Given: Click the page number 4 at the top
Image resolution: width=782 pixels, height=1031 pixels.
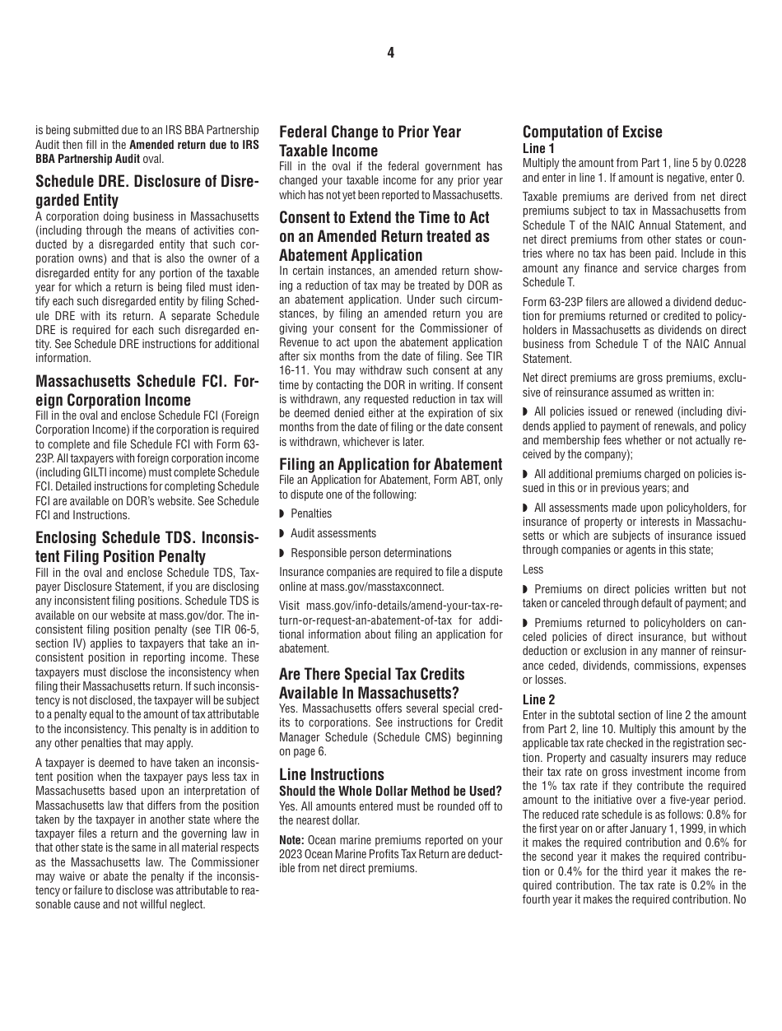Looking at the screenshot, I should click(x=390, y=53).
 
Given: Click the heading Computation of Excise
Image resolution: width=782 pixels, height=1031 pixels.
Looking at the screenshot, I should click(x=592, y=132).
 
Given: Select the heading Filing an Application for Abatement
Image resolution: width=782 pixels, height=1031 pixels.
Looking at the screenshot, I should click(x=390, y=464).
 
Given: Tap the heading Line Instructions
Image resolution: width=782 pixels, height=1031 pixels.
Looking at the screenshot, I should click(x=331, y=774).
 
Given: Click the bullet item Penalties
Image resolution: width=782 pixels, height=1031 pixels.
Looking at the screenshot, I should click(x=311, y=513).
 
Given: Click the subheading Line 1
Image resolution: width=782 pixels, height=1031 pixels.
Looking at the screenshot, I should click(x=538, y=148).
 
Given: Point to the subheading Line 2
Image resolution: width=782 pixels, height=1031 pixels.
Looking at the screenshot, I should click(x=538, y=700).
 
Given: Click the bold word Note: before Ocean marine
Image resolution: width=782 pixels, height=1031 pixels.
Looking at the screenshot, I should click(x=293, y=840).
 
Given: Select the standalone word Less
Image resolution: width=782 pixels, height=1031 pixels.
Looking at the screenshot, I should click(x=533, y=569).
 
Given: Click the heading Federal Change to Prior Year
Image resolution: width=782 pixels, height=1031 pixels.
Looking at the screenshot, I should click(x=370, y=132).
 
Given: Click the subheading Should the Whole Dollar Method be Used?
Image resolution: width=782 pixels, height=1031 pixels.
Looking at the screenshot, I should click(x=390, y=792).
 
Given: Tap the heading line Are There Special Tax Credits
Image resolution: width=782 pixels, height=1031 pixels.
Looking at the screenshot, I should click(x=371, y=674).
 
